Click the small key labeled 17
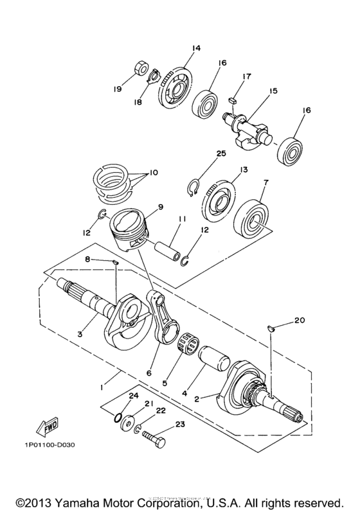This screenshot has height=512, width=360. [x=233, y=100]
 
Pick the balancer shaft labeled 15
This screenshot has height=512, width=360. [x=250, y=120]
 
